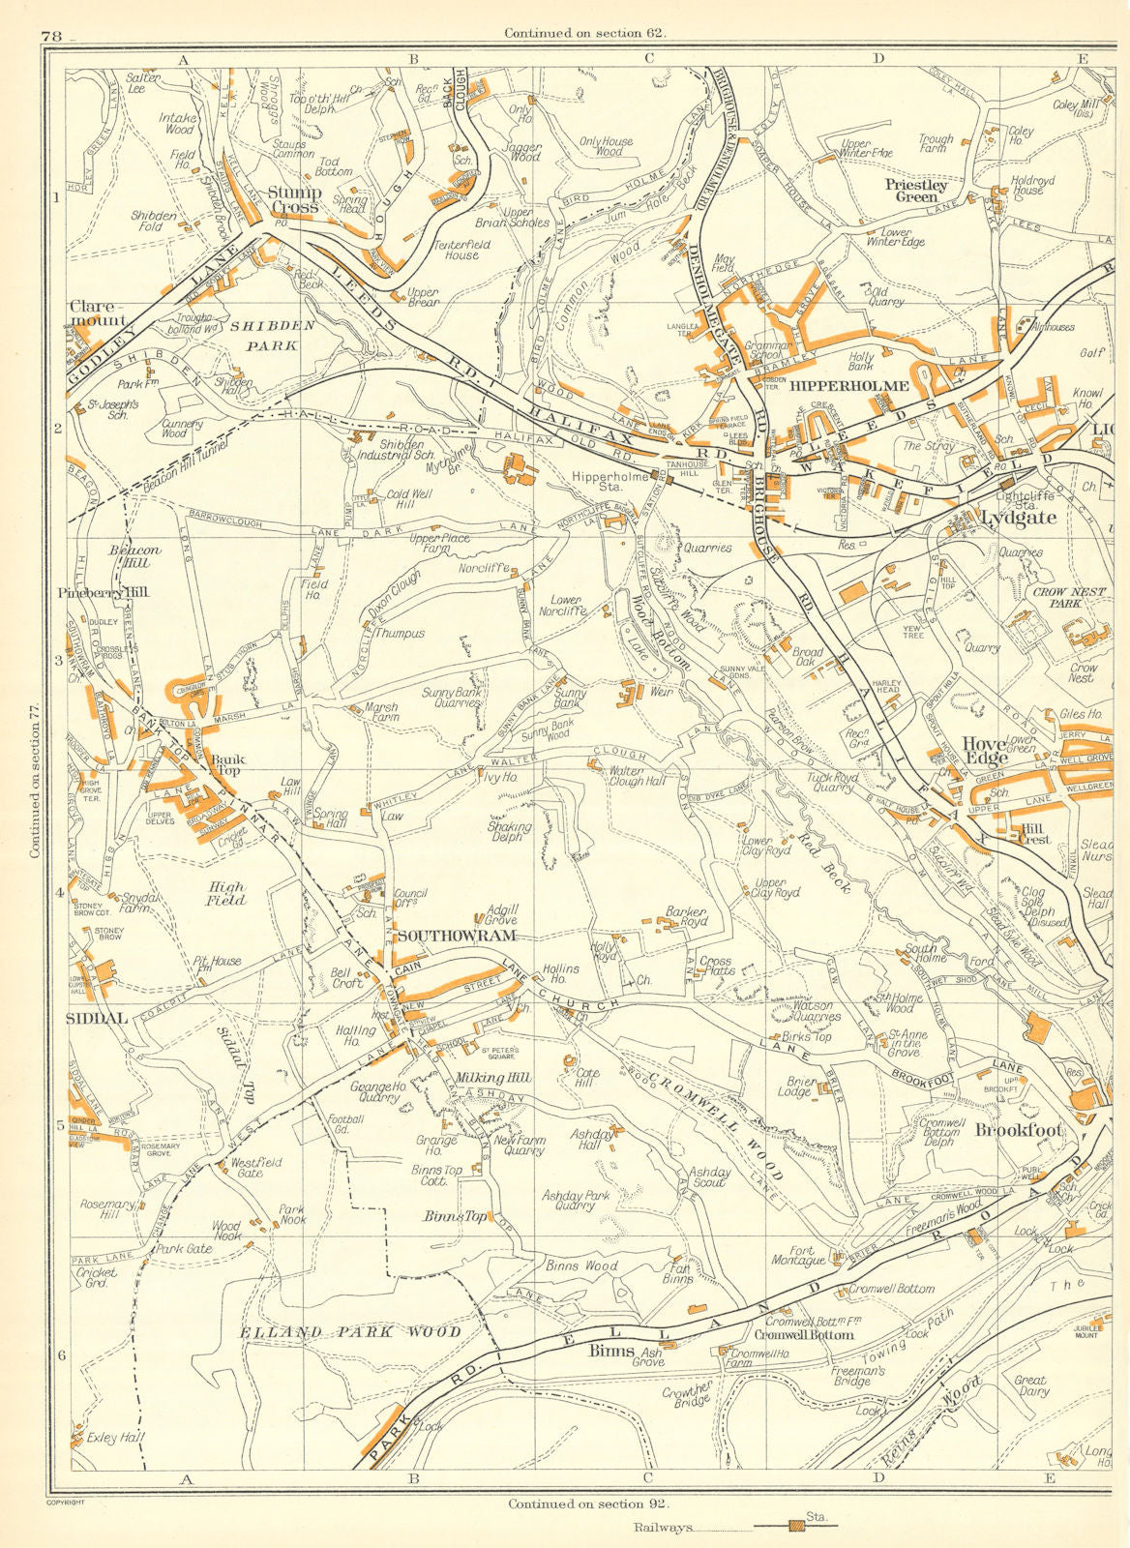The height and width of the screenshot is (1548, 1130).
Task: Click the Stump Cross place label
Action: coord(295,199)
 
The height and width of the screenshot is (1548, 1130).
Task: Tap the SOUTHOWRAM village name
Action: coord(456,936)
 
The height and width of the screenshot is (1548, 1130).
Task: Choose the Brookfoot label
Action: coord(1019,1129)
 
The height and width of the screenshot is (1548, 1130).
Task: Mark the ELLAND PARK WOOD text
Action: coord(350,1332)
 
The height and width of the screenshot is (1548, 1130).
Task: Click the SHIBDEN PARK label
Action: coord(272,335)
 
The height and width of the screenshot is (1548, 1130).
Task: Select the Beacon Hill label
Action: coord(134,555)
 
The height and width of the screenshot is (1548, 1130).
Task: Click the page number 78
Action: coord(52,36)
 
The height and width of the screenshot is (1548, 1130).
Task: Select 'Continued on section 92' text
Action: coord(587,1503)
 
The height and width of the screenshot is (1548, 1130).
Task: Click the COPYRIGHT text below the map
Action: coord(66,1502)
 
